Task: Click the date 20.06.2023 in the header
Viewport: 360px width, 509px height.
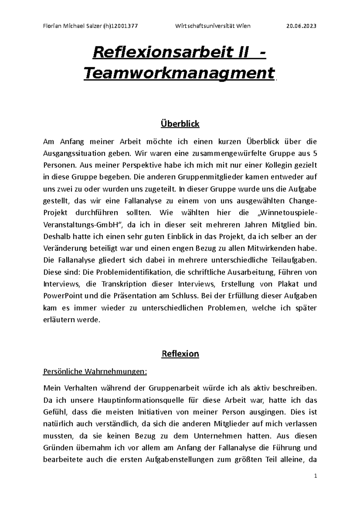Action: click(301, 26)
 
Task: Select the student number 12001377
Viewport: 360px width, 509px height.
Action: click(124, 26)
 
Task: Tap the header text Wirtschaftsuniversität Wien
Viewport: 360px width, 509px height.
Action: click(213, 26)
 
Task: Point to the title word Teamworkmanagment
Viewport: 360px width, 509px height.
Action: click(179, 73)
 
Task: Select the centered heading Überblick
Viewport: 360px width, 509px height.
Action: click(180, 124)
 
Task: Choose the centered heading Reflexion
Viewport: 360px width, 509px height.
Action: click(180, 354)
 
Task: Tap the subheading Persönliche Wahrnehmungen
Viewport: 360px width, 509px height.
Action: click(95, 372)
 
